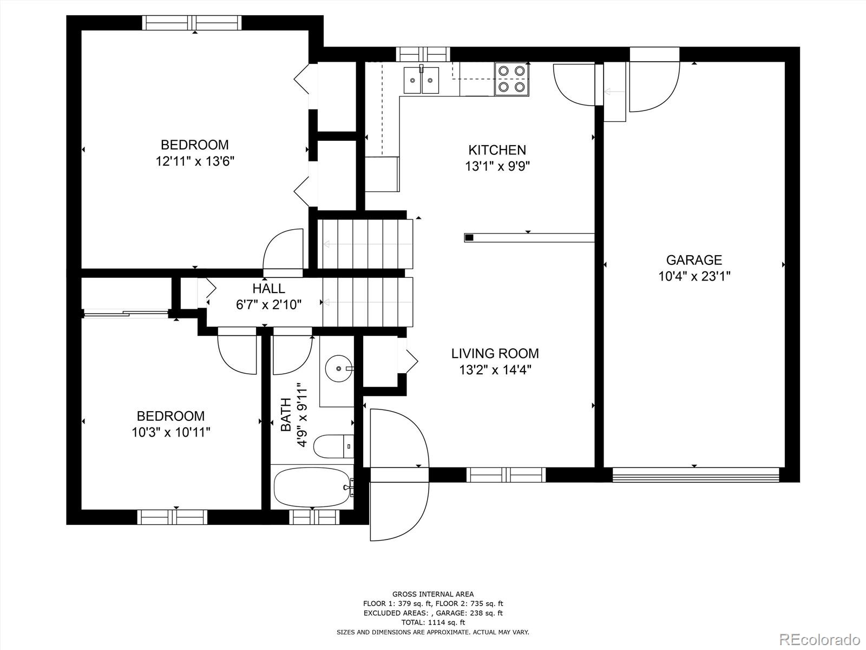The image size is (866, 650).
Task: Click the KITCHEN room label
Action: click(x=497, y=150)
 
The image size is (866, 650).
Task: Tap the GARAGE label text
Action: click(x=694, y=259)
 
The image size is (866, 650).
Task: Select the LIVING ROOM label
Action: click(x=495, y=353)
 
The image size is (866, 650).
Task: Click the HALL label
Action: click(x=268, y=289)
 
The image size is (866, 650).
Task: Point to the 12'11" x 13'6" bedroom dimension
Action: click(x=195, y=161)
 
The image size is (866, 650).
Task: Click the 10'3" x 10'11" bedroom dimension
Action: click(x=171, y=433)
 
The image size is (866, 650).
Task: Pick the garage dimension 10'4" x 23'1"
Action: click(x=694, y=276)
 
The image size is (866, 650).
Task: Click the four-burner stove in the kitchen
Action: click(x=511, y=79)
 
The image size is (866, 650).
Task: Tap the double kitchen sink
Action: click(x=421, y=80)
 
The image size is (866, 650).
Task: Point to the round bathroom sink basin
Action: click(x=339, y=369)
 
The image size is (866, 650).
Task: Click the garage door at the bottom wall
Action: click(x=696, y=475)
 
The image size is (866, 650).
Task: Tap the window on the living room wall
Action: click(x=506, y=475)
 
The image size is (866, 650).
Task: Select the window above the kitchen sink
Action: click(x=423, y=54)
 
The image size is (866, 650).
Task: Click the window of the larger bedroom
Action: click(x=192, y=23)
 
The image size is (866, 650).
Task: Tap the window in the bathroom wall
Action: click(x=314, y=517)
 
